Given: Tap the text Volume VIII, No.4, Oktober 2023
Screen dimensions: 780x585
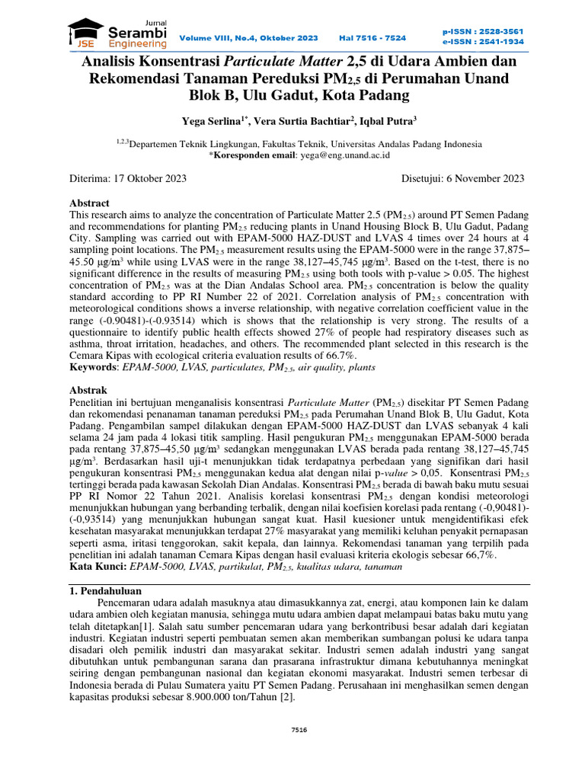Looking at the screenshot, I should (249, 37).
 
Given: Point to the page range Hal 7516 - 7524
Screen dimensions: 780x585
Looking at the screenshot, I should (372, 37).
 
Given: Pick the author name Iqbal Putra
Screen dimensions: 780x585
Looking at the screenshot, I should (385, 121).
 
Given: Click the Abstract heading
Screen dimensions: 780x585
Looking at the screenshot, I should (90, 203).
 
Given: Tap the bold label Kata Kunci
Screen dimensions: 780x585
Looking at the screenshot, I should (97, 567).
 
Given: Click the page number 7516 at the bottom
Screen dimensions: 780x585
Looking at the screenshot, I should (299, 730).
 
